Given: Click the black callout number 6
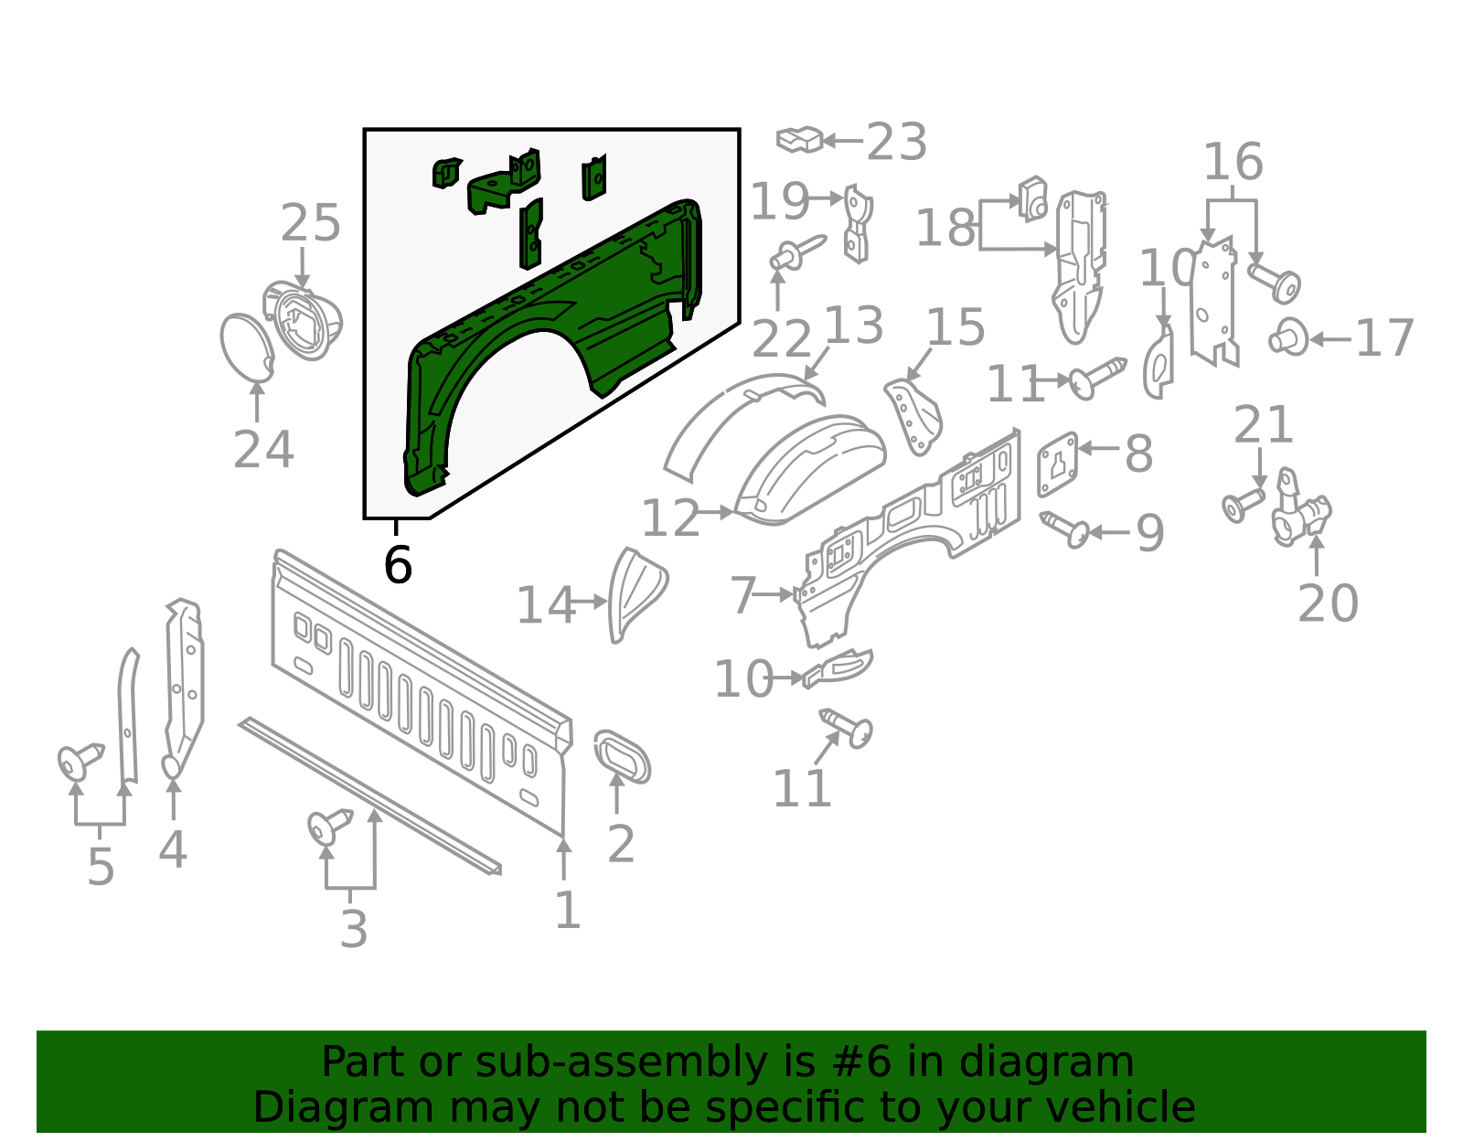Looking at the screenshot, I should pyautogui.click(x=398, y=565).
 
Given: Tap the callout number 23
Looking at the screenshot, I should pyautogui.click(x=896, y=143).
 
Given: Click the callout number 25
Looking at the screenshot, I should pyautogui.click(x=310, y=224).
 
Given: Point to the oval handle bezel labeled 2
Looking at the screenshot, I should pyautogui.click(x=622, y=756).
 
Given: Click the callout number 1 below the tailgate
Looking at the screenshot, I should pyautogui.click(x=568, y=911).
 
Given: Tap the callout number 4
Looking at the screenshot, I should pyautogui.click(x=173, y=850).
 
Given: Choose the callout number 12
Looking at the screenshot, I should pyautogui.click(x=669, y=519).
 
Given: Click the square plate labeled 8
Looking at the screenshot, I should pyautogui.click(x=1057, y=464).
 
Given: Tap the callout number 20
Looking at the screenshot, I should pyautogui.click(x=1328, y=603).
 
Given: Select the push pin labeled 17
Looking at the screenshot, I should pyautogui.click(x=1288, y=337).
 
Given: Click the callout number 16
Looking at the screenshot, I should pyautogui.click(x=1233, y=163).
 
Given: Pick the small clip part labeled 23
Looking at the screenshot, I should pyautogui.click(x=799, y=140).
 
